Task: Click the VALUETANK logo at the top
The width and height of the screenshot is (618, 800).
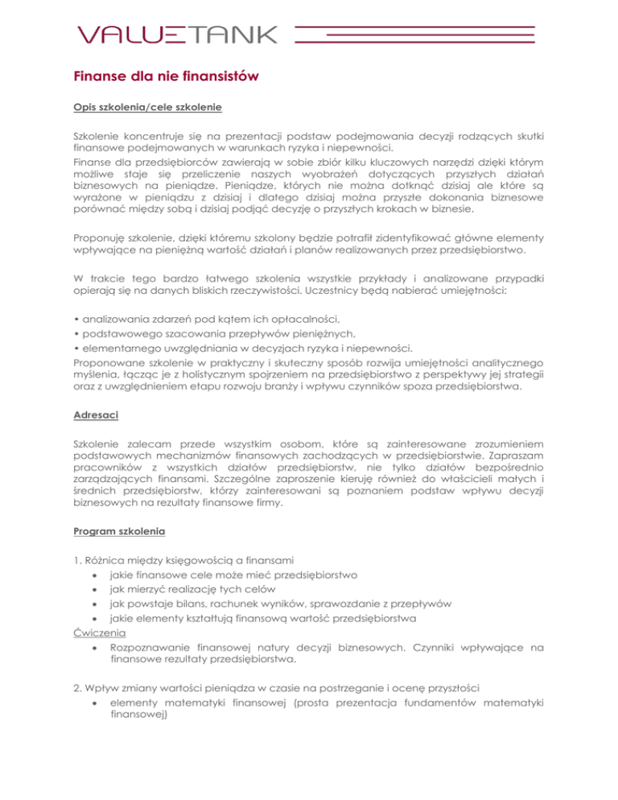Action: pos(177,34)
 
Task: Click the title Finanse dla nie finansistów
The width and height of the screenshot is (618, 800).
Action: pos(167,78)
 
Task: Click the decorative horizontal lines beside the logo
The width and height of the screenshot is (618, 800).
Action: pos(415,34)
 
